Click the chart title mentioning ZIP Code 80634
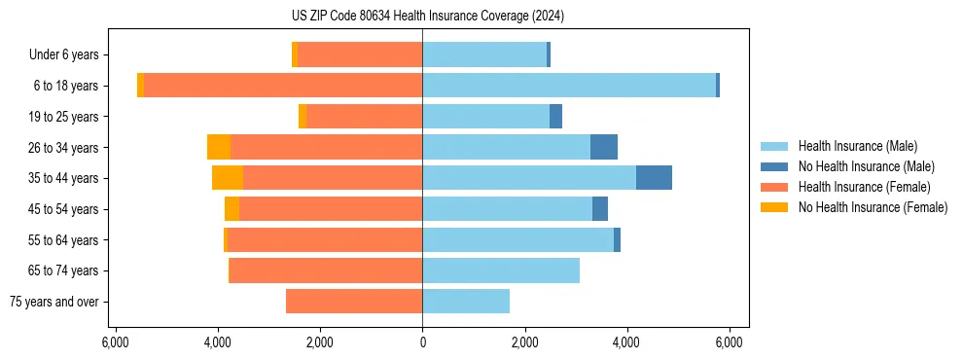tap(422, 17)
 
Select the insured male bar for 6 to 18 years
tap(569, 86)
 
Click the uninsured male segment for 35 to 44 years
tap(654, 178)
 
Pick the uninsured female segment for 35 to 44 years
tap(228, 178)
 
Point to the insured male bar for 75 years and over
tap(466, 302)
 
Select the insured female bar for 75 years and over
tap(354, 302)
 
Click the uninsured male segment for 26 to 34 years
tap(604, 147)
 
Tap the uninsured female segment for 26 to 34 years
tap(219, 147)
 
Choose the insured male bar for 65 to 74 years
tap(501, 270)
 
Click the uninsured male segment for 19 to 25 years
tap(555, 117)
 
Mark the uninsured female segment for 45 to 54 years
tap(232, 209)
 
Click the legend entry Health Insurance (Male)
tap(857, 146)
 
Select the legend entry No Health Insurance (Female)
tap(873, 207)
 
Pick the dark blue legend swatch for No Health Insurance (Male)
tap(774, 166)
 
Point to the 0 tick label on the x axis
tap(422, 342)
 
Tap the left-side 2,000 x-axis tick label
tap(320, 342)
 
